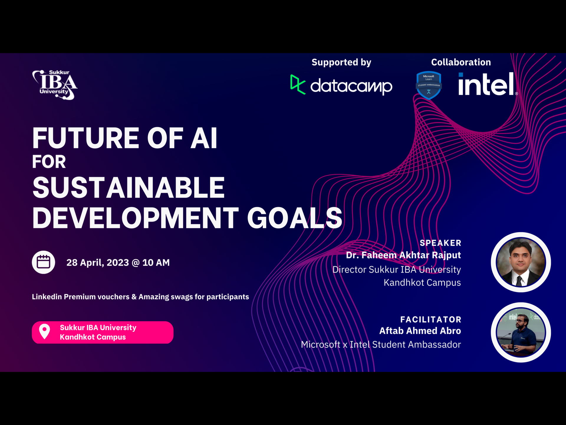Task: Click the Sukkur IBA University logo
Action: pyautogui.click(x=55, y=85)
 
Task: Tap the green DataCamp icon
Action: pyautogui.click(x=298, y=84)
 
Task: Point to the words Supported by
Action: pyautogui.click(x=341, y=63)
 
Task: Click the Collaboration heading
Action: pyautogui.click(x=461, y=62)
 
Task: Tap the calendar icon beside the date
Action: pyautogui.click(x=43, y=262)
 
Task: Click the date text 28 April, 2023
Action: pyautogui.click(x=98, y=263)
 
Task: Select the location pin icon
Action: pyautogui.click(x=45, y=332)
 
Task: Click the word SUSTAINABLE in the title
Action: pyautogui.click(x=129, y=188)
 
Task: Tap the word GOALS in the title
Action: pyautogui.click(x=294, y=218)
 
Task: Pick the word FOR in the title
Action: pyautogui.click(x=49, y=162)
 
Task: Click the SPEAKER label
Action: pyautogui.click(x=440, y=243)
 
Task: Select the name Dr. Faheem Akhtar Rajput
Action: pyautogui.click(x=403, y=255)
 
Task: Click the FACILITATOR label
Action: pyautogui.click(x=431, y=319)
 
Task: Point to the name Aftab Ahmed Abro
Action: pyautogui.click(x=420, y=331)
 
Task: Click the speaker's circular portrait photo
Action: pyautogui.click(x=521, y=262)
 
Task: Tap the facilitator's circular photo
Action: pyautogui.click(x=521, y=332)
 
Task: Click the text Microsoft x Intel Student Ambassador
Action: pyautogui.click(x=381, y=344)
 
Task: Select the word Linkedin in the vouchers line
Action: pyautogui.click(x=47, y=297)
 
